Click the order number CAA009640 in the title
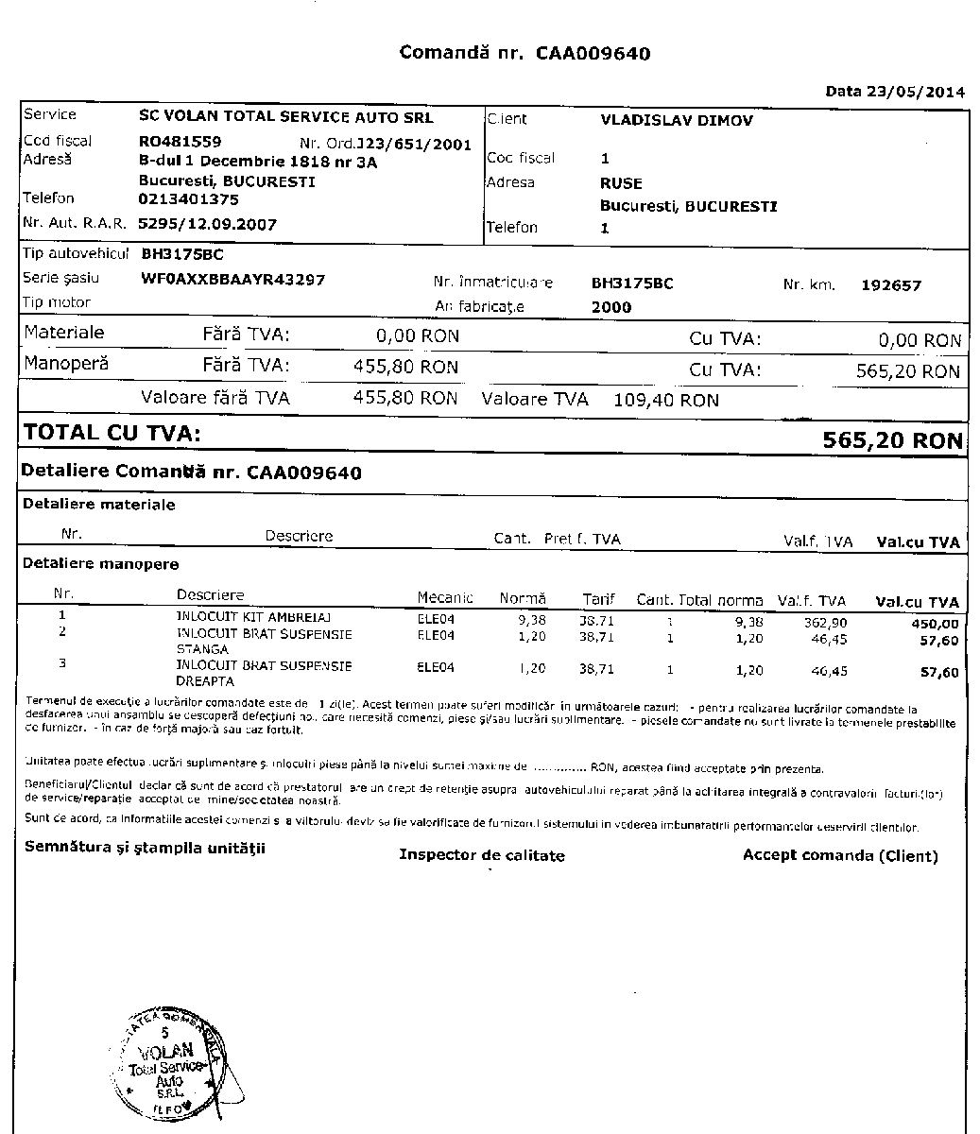click(593, 53)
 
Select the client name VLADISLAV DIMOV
click(676, 121)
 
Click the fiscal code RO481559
click(180, 142)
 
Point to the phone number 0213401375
click(188, 199)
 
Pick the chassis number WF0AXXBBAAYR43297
click(232, 280)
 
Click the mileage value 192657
click(891, 285)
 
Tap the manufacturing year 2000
click(610, 307)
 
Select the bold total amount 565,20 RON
click(892, 440)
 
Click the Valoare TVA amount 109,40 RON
click(666, 400)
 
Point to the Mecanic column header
click(445, 598)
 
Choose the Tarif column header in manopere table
click(598, 599)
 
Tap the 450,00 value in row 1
click(938, 624)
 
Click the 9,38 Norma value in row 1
click(533, 620)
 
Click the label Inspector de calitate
click(481, 855)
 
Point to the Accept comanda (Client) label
click(839, 855)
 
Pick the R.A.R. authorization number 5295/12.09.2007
click(207, 225)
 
